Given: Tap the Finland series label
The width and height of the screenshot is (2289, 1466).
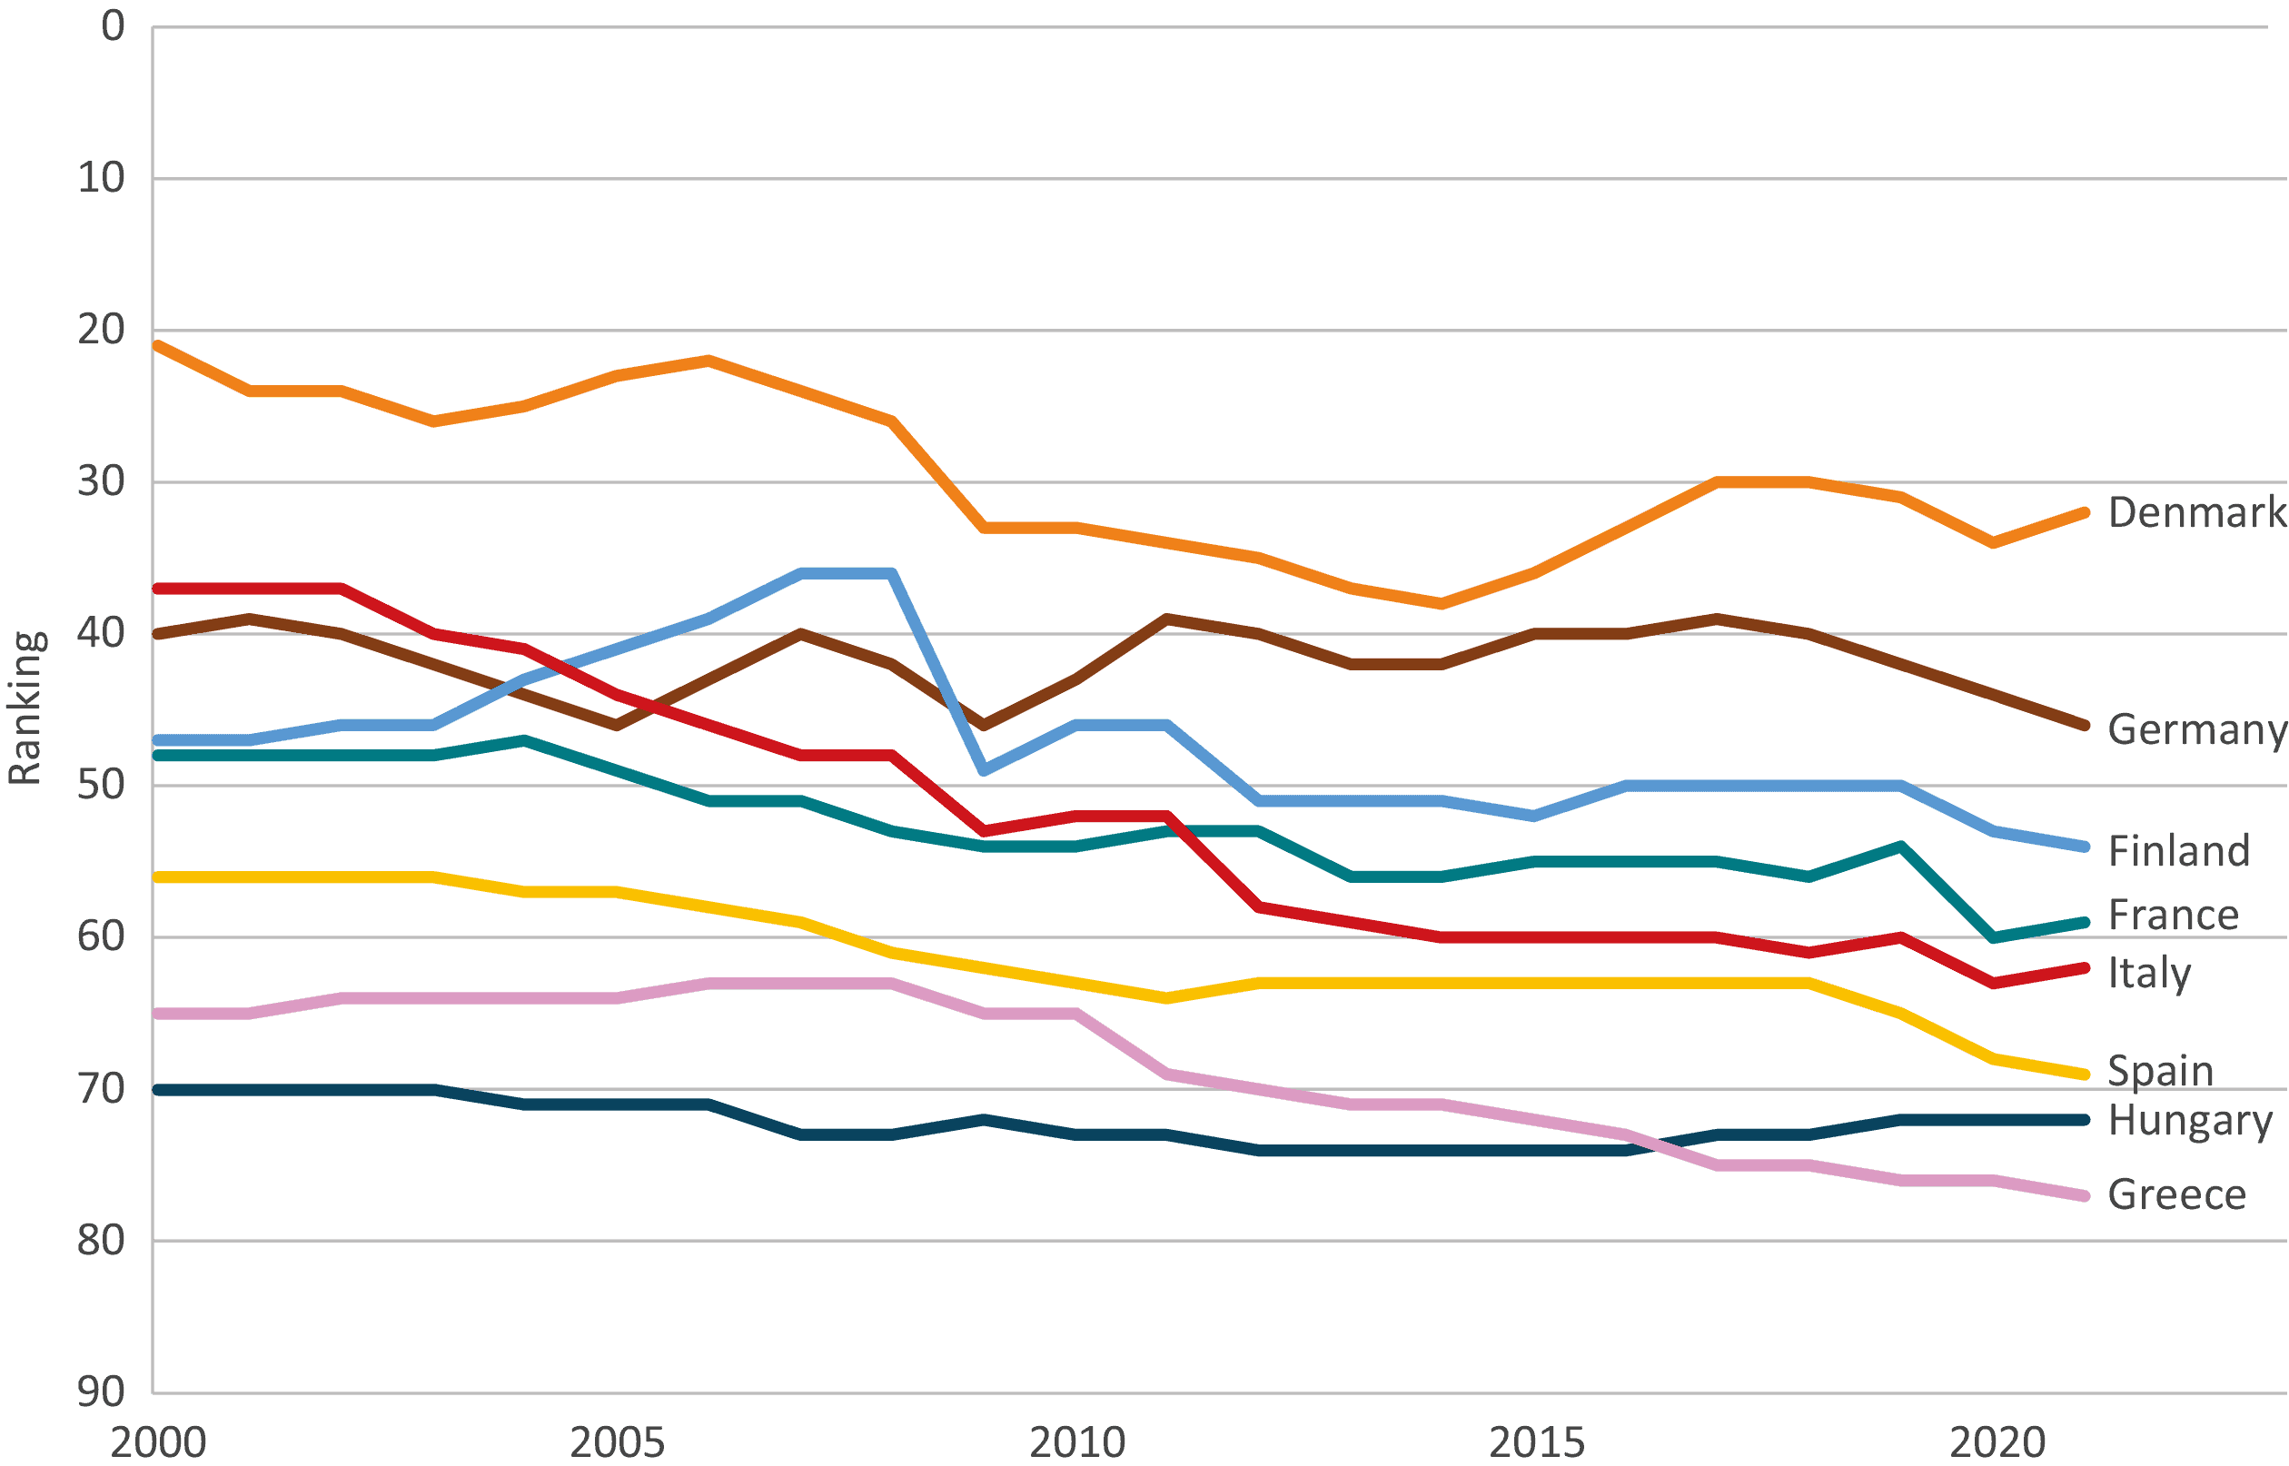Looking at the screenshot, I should tap(2178, 850).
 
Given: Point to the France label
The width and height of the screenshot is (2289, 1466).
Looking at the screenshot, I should tap(2173, 915).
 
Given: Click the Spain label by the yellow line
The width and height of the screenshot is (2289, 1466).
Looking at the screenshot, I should tap(2162, 1071).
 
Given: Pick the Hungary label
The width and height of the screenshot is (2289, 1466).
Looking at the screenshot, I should tap(2190, 1121).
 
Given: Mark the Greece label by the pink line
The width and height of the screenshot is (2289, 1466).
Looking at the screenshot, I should tap(2176, 1194).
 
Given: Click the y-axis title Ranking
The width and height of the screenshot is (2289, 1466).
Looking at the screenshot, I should tap(25, 708).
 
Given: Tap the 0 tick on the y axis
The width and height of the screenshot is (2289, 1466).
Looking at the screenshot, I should tap(114, 25).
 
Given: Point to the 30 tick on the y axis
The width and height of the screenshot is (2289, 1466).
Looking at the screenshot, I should tap(101, 480).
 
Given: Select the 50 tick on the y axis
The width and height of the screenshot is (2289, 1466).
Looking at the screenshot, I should tap(101, 785).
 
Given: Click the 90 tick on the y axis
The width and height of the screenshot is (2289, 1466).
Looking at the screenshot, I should tap(101, 1392).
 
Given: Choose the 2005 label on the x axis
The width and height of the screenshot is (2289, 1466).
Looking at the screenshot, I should tap(617, 1442).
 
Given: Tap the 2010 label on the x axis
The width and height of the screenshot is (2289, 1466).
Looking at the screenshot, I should tap(1077, 1442).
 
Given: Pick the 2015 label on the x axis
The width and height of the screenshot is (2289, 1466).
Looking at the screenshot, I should tap(1536, 1442).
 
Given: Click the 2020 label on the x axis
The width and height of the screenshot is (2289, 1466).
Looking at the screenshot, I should tap(1997, 1442).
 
